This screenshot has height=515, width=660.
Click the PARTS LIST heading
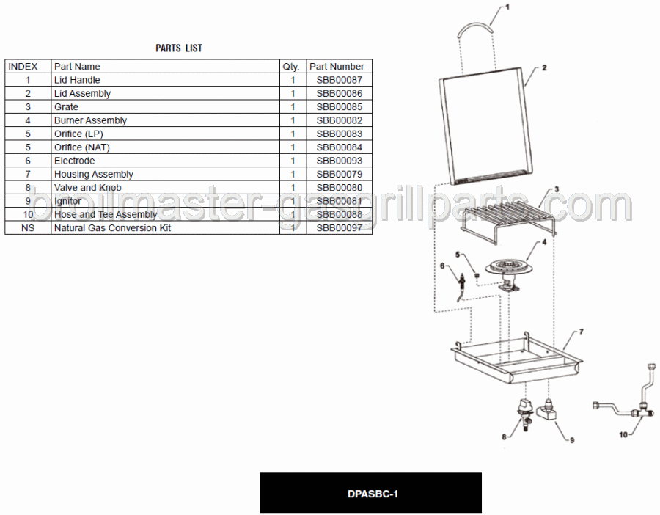pos(179,48)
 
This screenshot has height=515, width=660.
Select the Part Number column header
pos(337,67)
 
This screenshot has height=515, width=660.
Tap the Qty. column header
pos(291,67)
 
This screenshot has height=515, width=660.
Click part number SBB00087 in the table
pos(340,80)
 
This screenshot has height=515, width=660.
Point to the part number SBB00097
pos(340,228)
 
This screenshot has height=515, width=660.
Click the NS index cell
pos(28,228)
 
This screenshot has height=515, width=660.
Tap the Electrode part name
pos(75,161)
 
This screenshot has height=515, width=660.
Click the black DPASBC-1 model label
pos(371,493)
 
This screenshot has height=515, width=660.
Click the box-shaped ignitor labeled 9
pos(546,411)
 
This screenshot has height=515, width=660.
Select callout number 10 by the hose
pos(623,434)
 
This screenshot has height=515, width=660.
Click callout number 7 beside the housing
pos(582,332)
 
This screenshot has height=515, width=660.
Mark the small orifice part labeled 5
pos(477,275)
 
